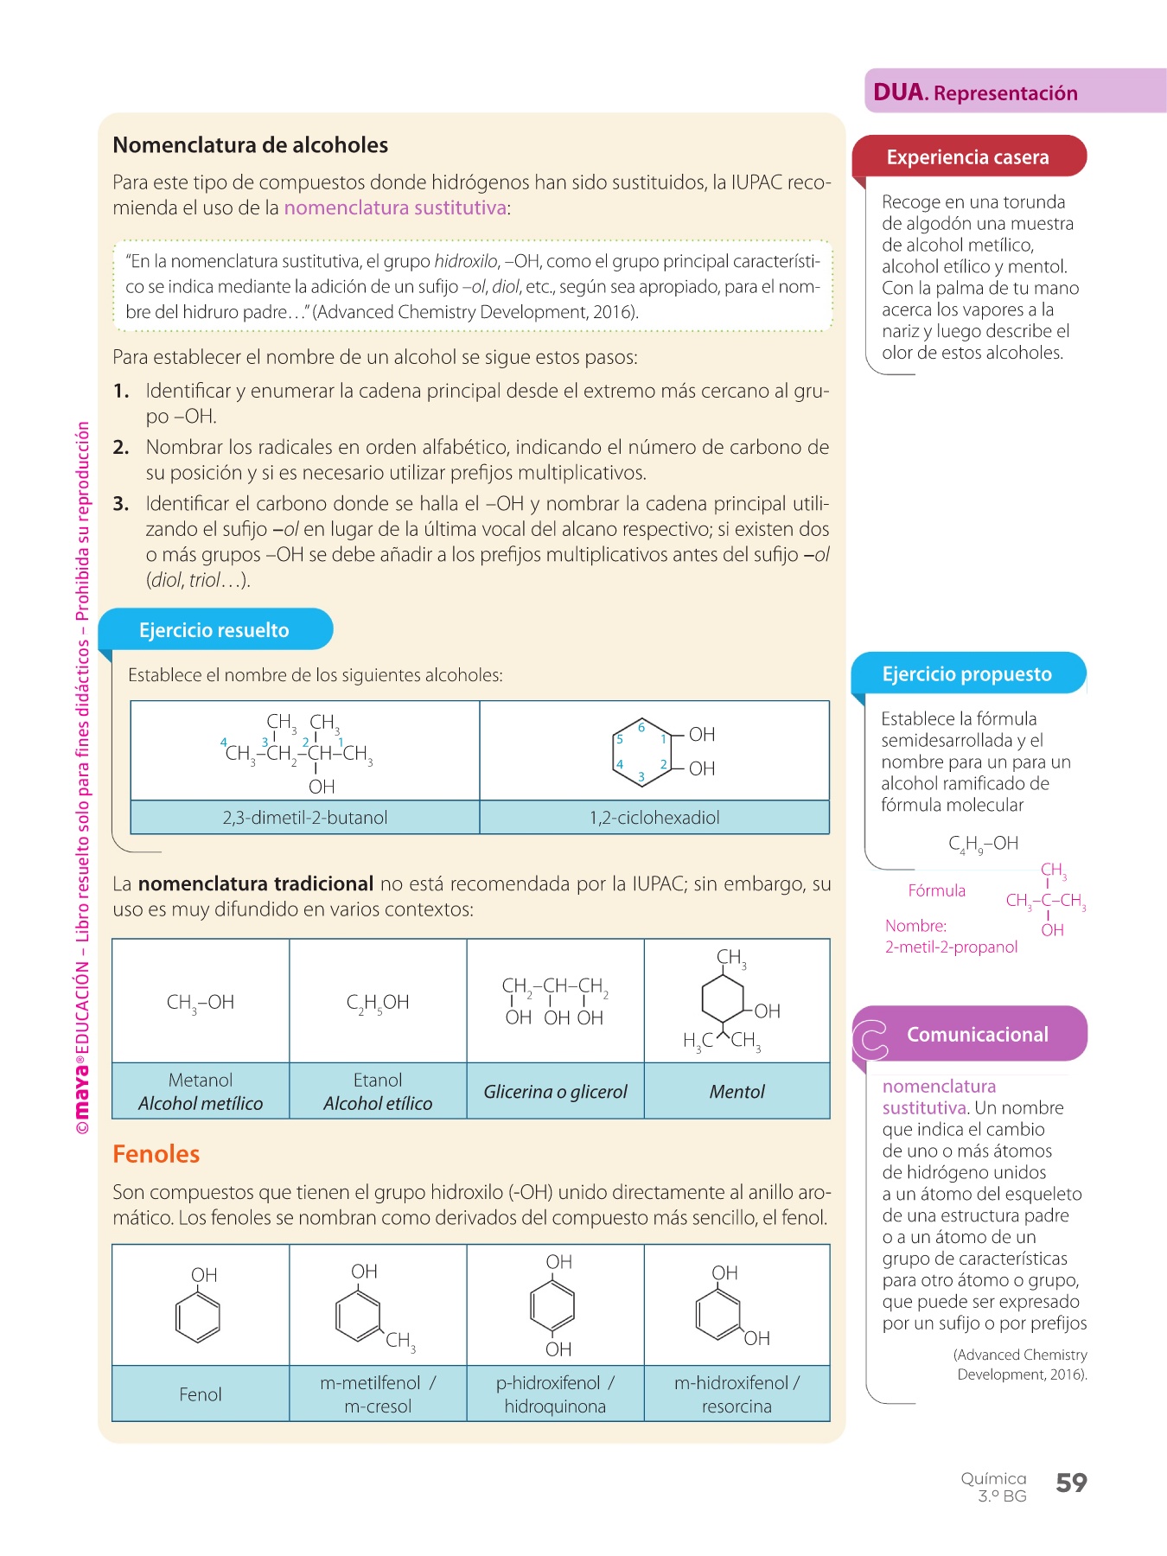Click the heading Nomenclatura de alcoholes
click(250, 145)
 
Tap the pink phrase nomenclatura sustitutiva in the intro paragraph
click(395, 208)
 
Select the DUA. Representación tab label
click(975, 92)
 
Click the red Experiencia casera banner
click(967, 157)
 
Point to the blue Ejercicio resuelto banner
click(214, 630)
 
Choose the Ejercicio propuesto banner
click(966, 674)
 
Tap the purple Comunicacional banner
click(977, 1035)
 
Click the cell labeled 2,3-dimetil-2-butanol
click(305, 818)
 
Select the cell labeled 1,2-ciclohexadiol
click(654, 818)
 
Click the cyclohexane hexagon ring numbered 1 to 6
click(641, 751)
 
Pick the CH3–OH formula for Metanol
click(201, 1003)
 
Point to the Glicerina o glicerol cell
click(555, 1092)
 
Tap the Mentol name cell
click(737, 1092)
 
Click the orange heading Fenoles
click(156, 1155)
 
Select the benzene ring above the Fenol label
click(198, 1317)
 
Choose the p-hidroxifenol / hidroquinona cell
click(555, 1394)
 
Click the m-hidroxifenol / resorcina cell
click(737, 1394)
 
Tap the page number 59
click(1071, 1483)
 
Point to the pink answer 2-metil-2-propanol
click(951, 947)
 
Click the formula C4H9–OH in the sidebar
click(983, 844)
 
